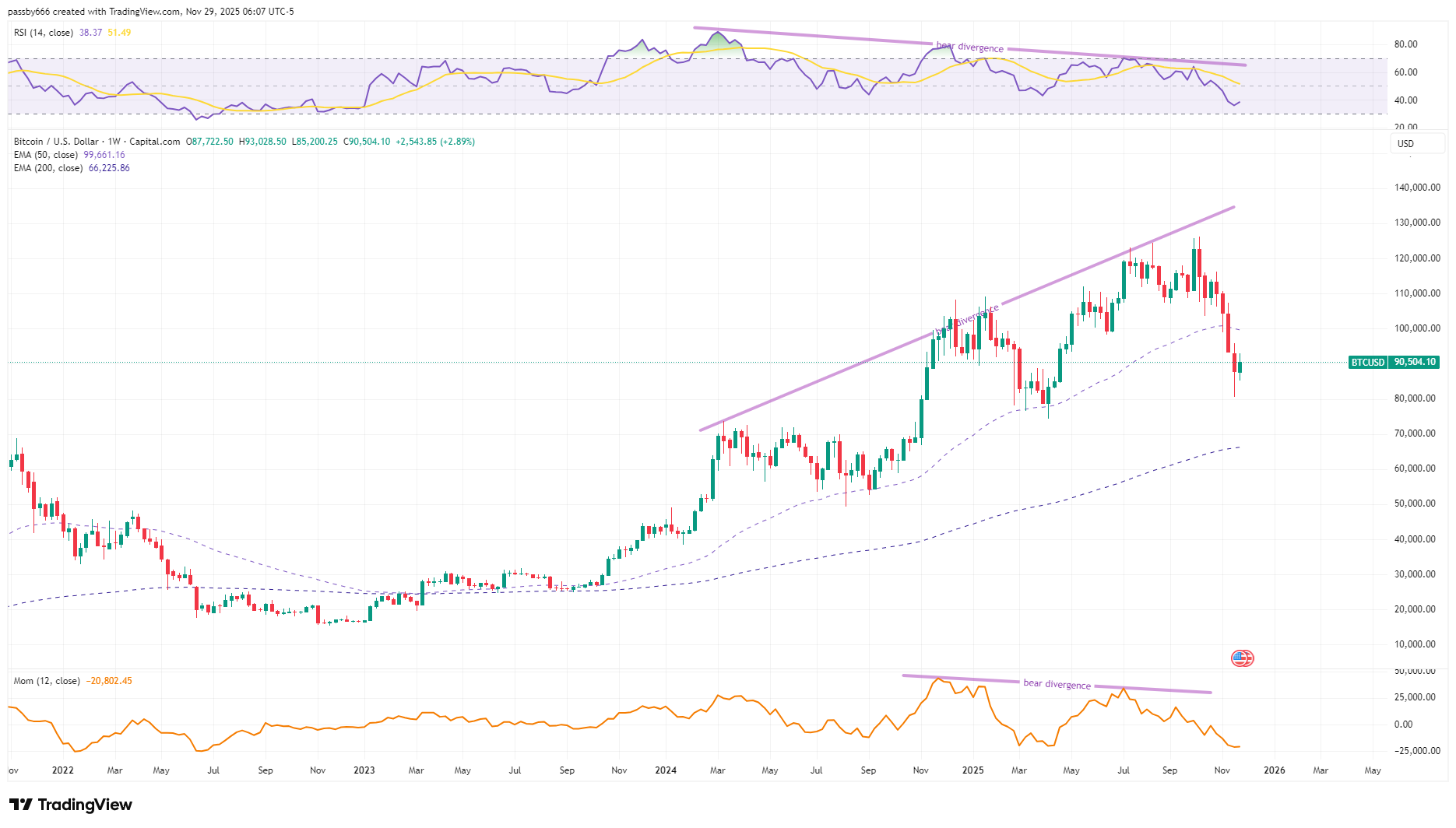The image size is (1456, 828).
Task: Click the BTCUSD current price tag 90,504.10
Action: [1414, 362]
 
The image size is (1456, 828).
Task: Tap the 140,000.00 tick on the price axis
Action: [1417, 188]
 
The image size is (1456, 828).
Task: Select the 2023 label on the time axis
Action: [364, 770]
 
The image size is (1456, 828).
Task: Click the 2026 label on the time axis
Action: [1274, 770]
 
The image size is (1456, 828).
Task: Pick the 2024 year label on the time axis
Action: [665, 770]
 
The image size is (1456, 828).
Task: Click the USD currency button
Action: [1405, 144]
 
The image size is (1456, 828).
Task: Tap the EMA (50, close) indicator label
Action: [46, 155]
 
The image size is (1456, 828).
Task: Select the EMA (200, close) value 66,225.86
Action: [109, 168]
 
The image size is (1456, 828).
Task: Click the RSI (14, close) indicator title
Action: [44, 33]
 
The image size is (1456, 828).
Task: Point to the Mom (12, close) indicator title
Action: [47, 681]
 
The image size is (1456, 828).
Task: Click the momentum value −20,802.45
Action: [109, 681]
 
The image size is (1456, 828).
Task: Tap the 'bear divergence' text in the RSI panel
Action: [969, 47]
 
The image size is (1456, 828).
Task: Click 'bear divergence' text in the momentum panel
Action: [1057, 684]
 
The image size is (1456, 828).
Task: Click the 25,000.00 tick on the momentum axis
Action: [1415, 697]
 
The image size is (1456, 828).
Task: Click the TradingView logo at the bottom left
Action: [71, 805]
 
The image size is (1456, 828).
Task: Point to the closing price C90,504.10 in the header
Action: [367, 142]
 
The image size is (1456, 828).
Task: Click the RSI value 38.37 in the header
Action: [90, 33]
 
